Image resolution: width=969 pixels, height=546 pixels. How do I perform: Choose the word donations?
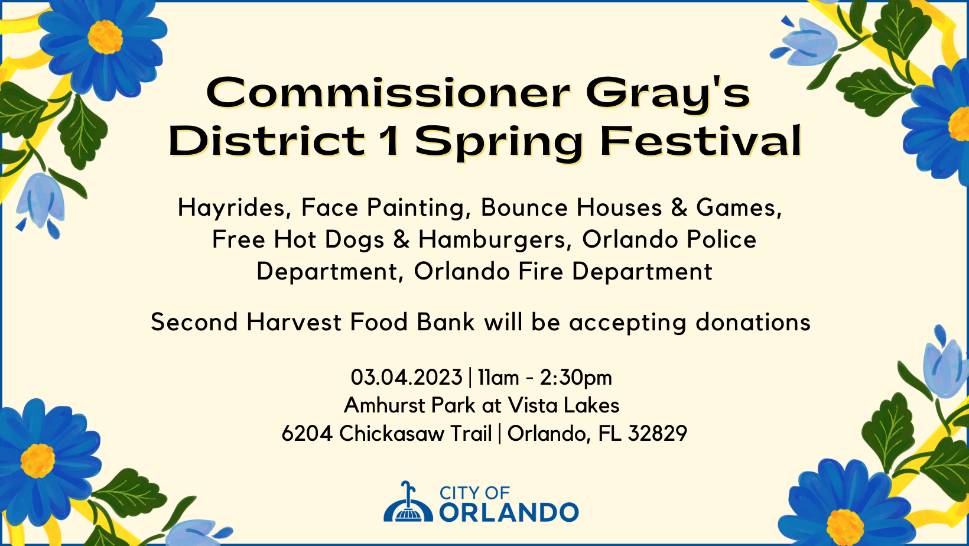tap(753, 322)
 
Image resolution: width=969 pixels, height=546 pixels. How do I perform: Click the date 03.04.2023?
tap(406, 377)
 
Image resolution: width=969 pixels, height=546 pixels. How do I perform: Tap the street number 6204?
tap(307, 434)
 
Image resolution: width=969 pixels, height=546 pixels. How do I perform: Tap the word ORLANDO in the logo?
tap(509, 512)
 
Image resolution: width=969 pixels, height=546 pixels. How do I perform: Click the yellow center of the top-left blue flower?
tap(105, 37)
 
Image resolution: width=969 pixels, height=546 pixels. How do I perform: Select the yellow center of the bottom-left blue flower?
tap(38, 461)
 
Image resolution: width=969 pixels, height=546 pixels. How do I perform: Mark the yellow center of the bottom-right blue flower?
tap(845, 527)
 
